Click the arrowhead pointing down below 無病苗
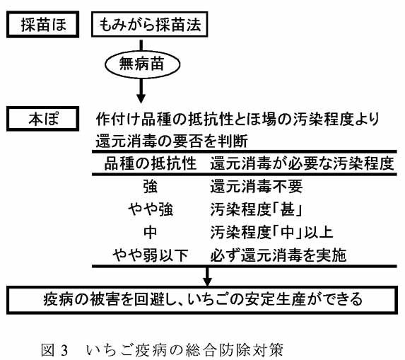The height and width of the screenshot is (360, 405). click(141, 98)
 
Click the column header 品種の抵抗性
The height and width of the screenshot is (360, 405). click(150, 163)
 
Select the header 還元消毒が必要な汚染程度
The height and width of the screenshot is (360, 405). click(302, 163)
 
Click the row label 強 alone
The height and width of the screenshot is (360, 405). click(150, 187)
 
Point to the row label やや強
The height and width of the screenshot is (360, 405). click(151, 209)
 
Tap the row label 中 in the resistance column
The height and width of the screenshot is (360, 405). click(150, 232)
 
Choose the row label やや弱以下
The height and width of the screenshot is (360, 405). click(151, 255)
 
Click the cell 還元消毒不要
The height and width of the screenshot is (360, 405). click(256, 186)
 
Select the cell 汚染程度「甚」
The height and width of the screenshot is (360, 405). click(256, 209)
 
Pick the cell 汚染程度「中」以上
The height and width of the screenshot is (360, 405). click(271, 232)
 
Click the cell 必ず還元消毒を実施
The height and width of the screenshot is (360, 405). click(278, 255)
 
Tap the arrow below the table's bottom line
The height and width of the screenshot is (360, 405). click(207, 277)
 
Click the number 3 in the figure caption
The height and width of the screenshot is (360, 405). click(64, 350)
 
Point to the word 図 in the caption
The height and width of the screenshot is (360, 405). click(48, 350)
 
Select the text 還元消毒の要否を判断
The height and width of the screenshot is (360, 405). click(172, 141)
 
